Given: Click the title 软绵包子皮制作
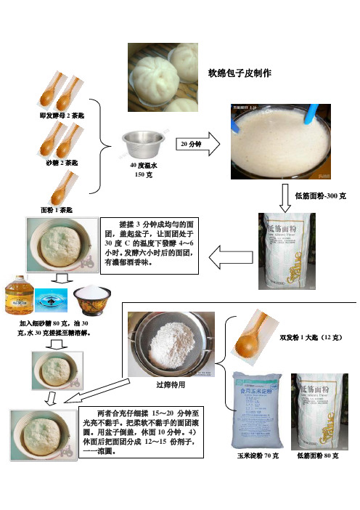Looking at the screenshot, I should click(x=240, y=73).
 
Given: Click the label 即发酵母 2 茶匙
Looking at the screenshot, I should click(x=62, y=116).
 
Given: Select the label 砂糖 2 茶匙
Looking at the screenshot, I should click(x=62, y=163).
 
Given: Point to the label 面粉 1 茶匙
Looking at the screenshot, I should click(x=61, y=209).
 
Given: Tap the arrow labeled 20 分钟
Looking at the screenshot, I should click(x=197, y=144).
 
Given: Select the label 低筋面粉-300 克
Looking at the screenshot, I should click(x=320, y=196).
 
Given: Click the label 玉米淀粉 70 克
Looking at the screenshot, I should click(x=257, y=456).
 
